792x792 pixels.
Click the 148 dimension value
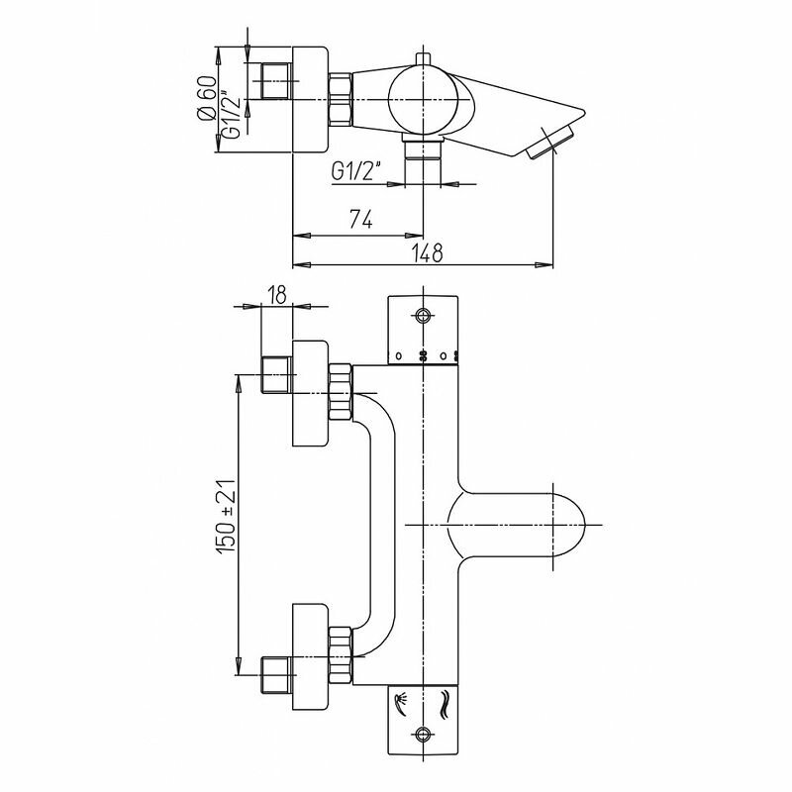click(426, 253)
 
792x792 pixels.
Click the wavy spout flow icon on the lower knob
click(443, 704)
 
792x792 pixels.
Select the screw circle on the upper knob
click(425, 317)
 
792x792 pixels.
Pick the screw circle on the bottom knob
click(425, 735)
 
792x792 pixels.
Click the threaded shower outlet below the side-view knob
click(425, 150)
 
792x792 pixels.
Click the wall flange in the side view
click(309, 99)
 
